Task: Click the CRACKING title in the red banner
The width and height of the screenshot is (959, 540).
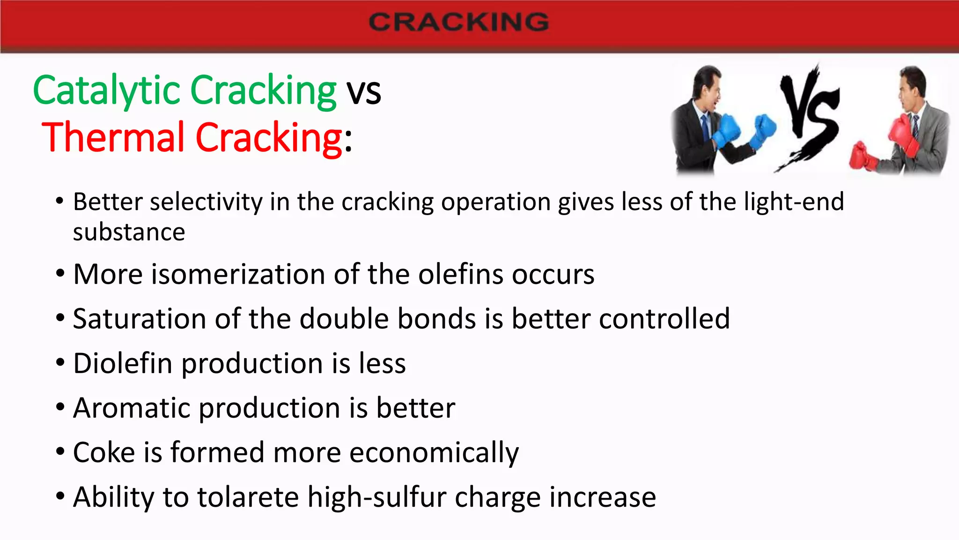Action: pyautogui.click(x=458, y=22)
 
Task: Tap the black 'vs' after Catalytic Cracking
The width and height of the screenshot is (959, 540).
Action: pyautogui.click(x=363, y=91)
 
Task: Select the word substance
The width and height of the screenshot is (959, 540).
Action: pyautogui.click(x=129, y=232)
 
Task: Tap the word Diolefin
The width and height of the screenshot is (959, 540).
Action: pyautogui.click(x=123, y=363)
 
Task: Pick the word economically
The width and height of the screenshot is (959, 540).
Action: pyautogui.click(x=434, y=453)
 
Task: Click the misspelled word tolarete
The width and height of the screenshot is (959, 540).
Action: pyautogui.click(x=248, y=497)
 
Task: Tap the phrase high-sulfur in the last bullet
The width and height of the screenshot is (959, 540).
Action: pyautogui.click(x=377, y=497)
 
